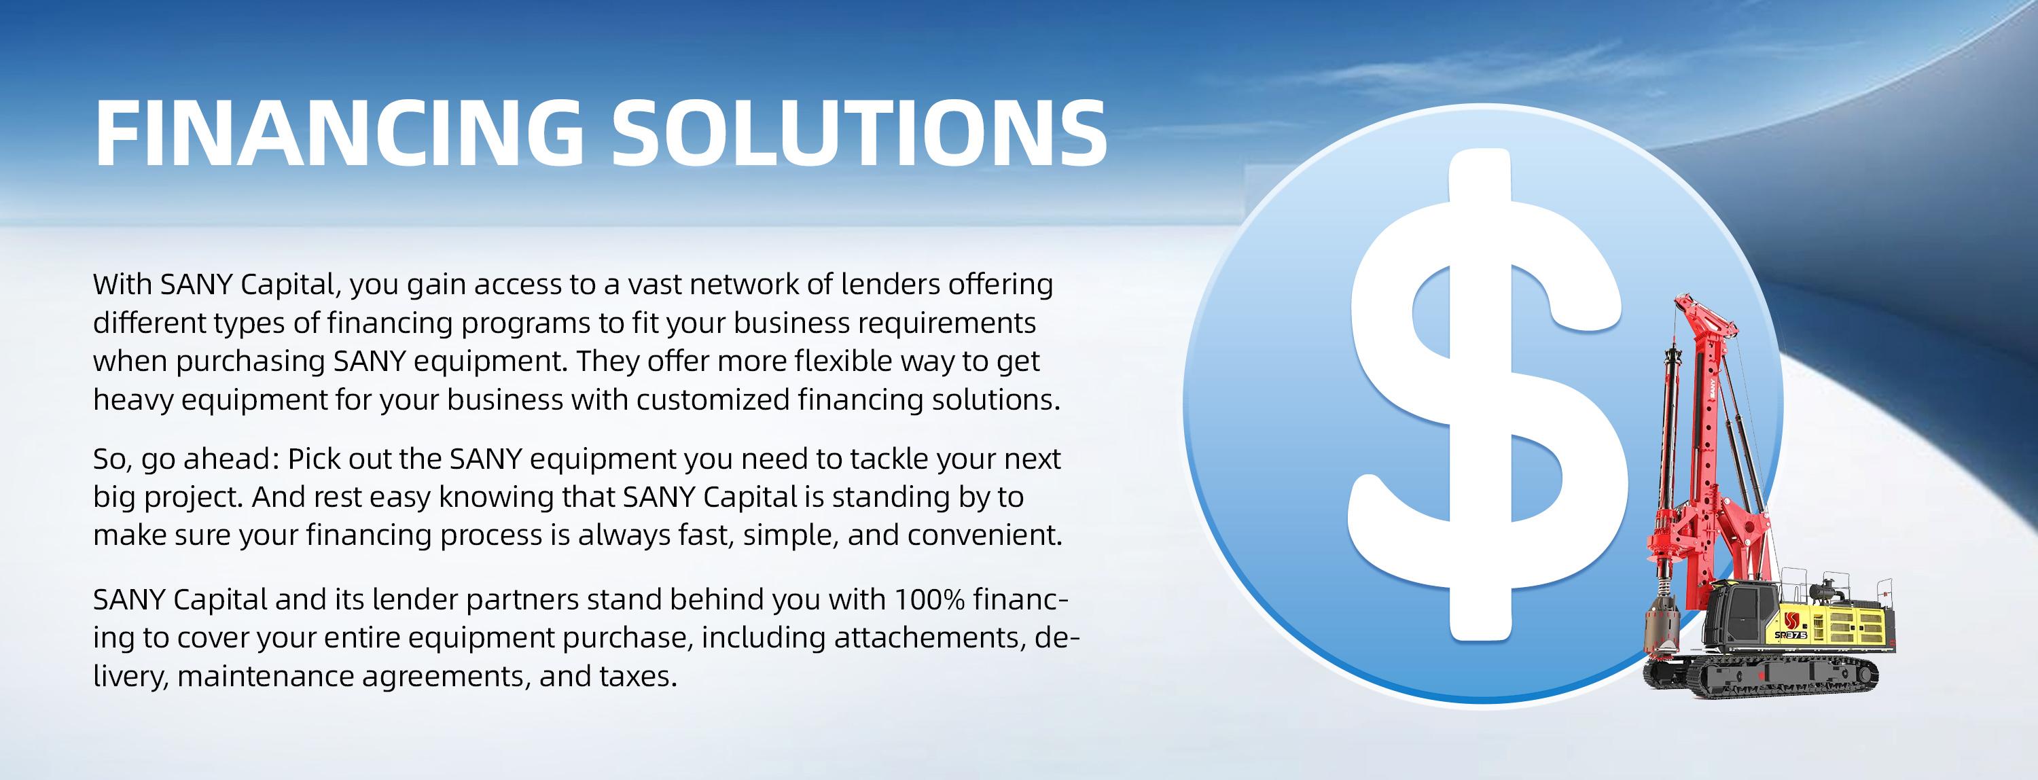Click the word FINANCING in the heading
point(338,133)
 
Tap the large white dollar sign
point(1487,395)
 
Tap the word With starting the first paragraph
point(123,284)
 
